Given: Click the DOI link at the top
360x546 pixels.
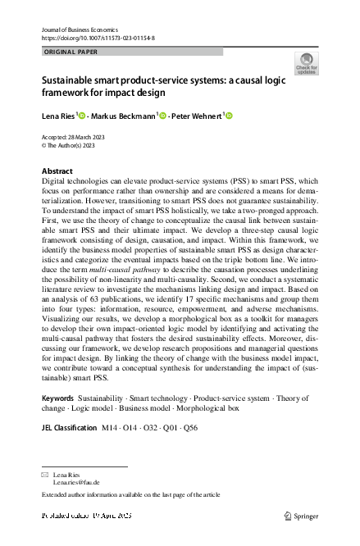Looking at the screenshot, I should coord(98,38).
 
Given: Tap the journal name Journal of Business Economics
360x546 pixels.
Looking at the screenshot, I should coord(86,29).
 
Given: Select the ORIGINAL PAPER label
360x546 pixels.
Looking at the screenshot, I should coord(71,51).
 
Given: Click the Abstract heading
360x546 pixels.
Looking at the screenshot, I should coord(57,171).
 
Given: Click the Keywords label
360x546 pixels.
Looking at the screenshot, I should coord(58,398).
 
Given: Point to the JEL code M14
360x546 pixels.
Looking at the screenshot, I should coord(109,428).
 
